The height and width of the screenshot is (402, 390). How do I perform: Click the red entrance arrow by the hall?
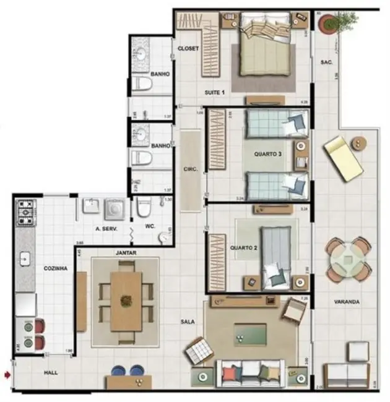pos(7,374)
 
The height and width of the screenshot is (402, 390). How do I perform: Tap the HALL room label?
pos(51,374)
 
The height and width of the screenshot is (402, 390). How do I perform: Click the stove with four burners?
pos(27,212)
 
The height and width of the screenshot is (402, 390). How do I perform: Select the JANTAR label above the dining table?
pos(126,253)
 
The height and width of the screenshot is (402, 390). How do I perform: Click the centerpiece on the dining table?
pos(126,301)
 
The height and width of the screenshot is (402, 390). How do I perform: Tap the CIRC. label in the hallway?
pos(191,168)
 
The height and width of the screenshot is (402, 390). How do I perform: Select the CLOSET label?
pos(188,49)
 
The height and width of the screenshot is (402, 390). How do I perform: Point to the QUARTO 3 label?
pos(268,154)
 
